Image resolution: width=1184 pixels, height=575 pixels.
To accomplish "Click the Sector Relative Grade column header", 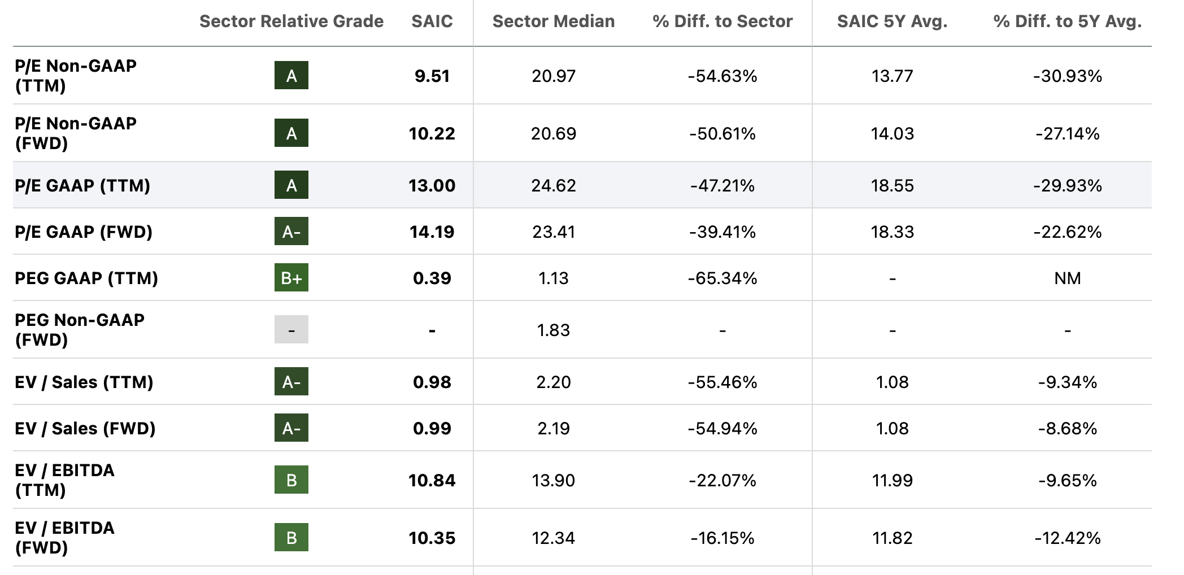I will (291, 21).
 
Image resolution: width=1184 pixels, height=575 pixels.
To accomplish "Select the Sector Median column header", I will (553, 21).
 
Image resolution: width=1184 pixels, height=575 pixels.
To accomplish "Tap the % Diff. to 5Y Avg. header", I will (1067, 21).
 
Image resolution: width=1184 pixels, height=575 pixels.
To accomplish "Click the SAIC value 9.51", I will (432, 76).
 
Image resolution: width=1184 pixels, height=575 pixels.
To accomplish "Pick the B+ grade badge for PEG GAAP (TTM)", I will (291, 278).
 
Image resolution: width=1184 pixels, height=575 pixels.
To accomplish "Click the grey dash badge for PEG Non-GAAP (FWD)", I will (291, 330).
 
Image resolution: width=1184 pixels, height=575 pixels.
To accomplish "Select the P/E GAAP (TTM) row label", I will (82, 185).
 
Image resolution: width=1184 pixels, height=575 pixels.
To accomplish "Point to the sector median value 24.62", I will (553, 185).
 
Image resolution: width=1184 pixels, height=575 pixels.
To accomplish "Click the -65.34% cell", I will (722, 278).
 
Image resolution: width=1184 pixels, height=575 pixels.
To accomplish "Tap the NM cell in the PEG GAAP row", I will (1067, 278).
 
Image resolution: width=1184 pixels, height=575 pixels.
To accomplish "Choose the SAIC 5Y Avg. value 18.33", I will (892, 232).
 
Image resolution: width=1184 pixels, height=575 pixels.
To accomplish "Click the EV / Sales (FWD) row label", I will (85, 428).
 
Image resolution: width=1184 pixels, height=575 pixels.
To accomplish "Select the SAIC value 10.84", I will (432, 480).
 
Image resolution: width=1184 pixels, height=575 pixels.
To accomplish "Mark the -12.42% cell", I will (1067, 538).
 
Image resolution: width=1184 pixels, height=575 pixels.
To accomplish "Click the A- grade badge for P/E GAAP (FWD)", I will (291, 232).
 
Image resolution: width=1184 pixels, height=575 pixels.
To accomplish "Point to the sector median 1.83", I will (553, 330).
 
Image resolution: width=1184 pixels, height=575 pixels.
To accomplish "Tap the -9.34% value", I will (1067, 382).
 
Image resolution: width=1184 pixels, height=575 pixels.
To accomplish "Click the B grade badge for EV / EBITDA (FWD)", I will (291, 538).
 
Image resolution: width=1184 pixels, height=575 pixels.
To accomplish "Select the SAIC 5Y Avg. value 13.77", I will (892, 76).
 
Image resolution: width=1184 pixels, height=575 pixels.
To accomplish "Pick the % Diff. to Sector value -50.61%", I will (722, 133).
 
